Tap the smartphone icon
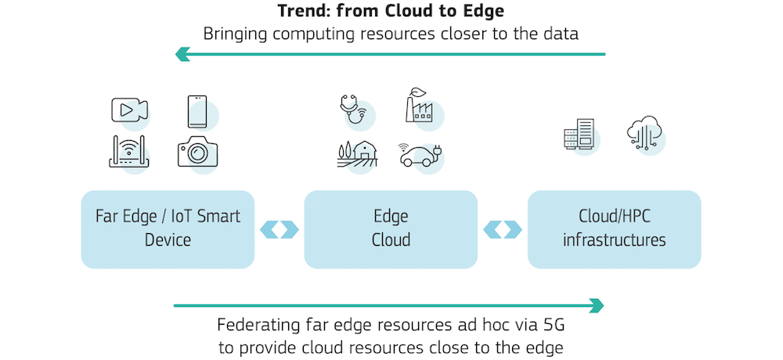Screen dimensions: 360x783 coord(197,112)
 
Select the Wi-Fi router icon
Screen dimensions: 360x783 coord(128,152)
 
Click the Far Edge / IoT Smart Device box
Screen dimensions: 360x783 coord(168,229)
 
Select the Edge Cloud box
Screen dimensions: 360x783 coord(390,229)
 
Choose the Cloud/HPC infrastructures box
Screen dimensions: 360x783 coord(614,229)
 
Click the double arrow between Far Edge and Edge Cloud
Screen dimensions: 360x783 coord(280,229)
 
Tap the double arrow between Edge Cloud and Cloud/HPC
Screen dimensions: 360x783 coord(503,229)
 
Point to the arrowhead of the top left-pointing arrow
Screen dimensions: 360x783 coord(182,54)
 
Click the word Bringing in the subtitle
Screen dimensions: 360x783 coord(235,34)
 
